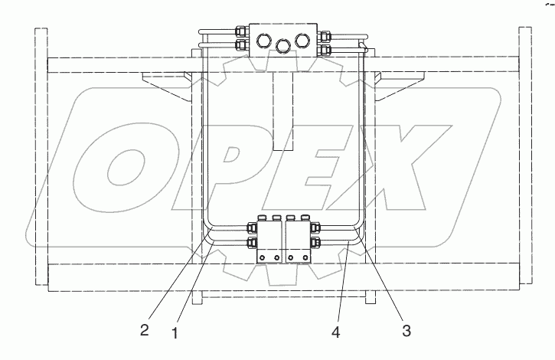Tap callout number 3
pos(406,331)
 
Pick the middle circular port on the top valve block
pos(282,47)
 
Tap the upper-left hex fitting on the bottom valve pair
pos(252,227)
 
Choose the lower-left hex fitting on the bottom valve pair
pos(252,243)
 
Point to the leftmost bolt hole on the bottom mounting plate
pos(263,257)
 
